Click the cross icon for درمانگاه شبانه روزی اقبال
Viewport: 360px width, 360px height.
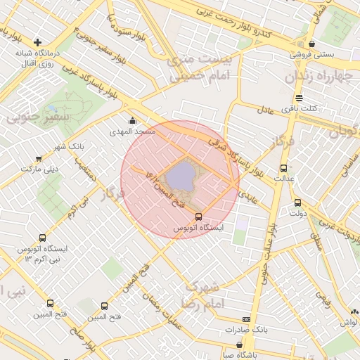pyautogui.click(x=38, y=42)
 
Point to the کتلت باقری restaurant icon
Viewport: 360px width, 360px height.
pyautogui.click(x=300, y=98)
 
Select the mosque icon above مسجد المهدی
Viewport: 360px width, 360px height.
pyautogui.click(x=133, y=120)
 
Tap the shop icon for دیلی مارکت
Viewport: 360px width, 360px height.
pyautogui.click(x=38, y=159)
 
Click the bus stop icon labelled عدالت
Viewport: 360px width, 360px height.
pyautogui.click(x=284, y=168)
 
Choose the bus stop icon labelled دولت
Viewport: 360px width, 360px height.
pyautogui.click(x=297, y=202)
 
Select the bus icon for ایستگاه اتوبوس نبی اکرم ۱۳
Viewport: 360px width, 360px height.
pyautogui.click(x=43, y=238)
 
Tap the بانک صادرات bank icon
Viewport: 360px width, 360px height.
pyautogui.click(x=245, y=319)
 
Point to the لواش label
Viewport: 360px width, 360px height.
pyautogui.click(x=349, y=322)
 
